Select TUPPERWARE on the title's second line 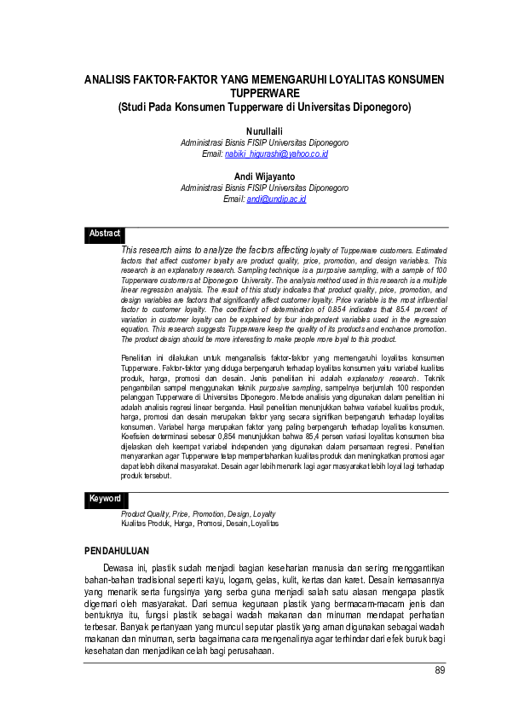pos(264,93)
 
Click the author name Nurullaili pos(264,130)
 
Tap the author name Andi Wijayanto pos(264,177)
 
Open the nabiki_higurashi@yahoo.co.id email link pos(276,153)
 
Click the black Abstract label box pos(106,234)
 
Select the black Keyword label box pos(107,499)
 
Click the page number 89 pos(441,670)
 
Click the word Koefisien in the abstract pos(136,434)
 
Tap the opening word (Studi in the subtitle pos(133,107)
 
